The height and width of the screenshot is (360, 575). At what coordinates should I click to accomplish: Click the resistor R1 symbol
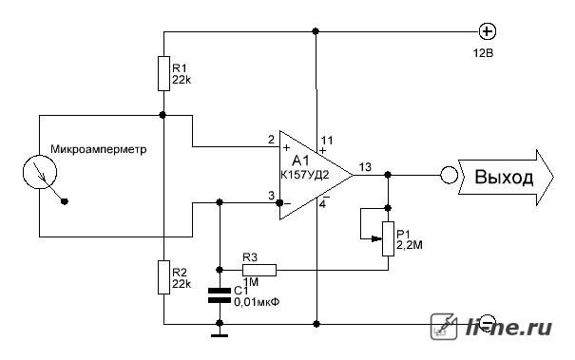(x=163, y=73)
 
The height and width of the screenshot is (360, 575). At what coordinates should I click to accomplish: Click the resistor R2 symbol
(x=163, y=277)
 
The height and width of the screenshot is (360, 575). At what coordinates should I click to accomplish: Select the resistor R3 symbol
(x=259, y=270)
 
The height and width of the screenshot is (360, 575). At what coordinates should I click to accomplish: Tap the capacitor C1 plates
(x=220, y=295)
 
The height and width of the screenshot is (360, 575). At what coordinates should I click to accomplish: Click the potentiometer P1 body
(x=389, y=238)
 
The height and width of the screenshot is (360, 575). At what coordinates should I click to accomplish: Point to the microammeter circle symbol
(x=40, y=172)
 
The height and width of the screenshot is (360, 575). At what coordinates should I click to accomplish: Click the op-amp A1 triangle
(x=316, y=175)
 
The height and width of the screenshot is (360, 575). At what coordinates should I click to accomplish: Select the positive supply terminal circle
(x=488, y=32)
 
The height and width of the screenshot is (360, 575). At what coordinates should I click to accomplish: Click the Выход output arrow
(x=506, y=177)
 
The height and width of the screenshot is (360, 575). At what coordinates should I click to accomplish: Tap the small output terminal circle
(x=449, y=175)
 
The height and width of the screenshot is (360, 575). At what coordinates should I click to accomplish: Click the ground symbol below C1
(x=220, y=335)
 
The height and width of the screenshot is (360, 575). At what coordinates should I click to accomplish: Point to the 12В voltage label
(x=483, y=53)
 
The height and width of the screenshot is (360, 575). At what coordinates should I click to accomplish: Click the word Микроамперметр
(x=98, y=149)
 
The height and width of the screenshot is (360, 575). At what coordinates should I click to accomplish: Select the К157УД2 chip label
(x=305, y=175)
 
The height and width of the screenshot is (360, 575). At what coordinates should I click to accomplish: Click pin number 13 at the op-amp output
(x=365, y=167)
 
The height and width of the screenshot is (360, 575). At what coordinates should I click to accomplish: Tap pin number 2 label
(x=271, y=140)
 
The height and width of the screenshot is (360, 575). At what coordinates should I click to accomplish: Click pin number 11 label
(x=327, y=140)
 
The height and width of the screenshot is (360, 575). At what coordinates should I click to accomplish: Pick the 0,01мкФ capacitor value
(x=257, y=302)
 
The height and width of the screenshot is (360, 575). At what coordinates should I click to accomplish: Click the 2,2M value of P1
(x=410, y=244)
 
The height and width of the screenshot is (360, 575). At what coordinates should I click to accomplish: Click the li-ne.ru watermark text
(x=509, y=327)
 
